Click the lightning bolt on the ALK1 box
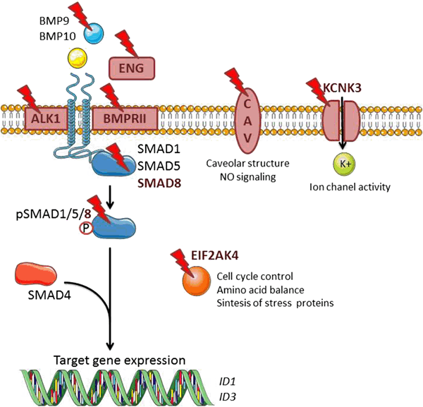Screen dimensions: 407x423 [x=30, y=97]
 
